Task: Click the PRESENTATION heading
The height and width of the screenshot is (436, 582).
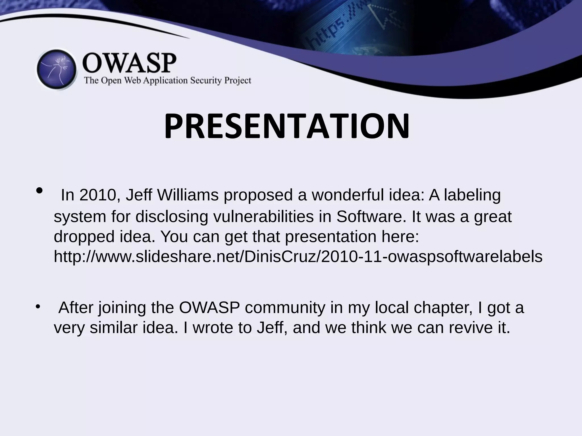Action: tap(287, 127)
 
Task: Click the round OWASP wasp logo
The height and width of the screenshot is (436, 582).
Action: tap(57, 70)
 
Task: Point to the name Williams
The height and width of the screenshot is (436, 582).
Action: tap(188, 195)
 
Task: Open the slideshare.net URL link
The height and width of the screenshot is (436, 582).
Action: tap(298, 257)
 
